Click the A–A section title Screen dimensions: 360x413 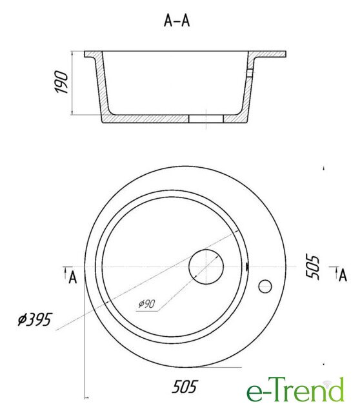[177, 21]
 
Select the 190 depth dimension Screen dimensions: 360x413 [61, 82]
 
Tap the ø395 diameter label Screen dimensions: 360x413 [35, 319]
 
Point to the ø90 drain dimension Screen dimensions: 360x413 [147, 304]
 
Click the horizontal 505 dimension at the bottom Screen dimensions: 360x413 [185, 387]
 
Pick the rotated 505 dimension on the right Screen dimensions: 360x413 [313, 267]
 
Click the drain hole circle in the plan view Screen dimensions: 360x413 [206, 267]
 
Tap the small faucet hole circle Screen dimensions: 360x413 [265, 287]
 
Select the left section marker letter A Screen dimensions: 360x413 [73, 277]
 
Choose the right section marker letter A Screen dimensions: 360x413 [343, 276]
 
